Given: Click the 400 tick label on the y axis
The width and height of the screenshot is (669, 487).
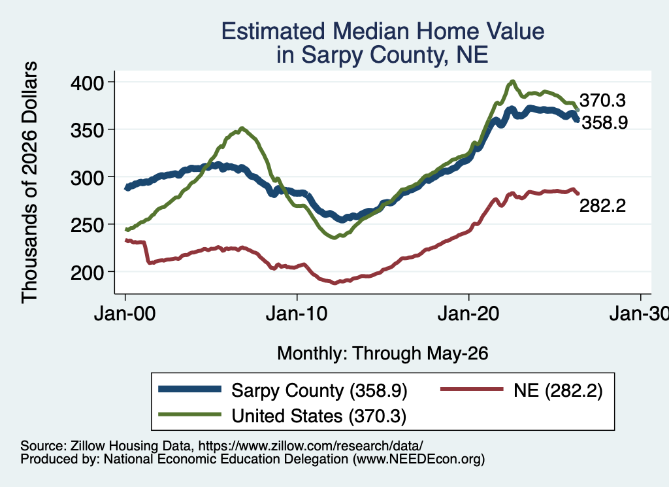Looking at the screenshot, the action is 87,83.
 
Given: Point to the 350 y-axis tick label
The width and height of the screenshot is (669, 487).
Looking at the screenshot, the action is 87,130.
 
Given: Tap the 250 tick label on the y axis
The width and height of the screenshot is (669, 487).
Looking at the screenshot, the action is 87,225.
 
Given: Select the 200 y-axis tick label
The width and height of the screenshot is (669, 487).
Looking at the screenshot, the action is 87,273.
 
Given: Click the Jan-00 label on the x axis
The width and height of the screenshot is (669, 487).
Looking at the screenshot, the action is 125,314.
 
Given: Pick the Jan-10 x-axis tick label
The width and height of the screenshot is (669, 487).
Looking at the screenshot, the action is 297,314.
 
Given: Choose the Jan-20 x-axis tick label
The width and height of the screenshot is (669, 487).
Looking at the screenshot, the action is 468,314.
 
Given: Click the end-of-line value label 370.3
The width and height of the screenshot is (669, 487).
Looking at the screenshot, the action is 602,100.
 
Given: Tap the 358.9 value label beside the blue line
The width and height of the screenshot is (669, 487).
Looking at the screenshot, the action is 605,123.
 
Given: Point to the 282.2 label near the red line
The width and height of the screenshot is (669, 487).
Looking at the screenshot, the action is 602,206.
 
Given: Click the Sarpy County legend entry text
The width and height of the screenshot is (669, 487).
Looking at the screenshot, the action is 319,390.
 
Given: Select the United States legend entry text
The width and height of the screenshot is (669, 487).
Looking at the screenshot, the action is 319,416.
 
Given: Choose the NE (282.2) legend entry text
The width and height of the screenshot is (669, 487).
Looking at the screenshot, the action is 558,390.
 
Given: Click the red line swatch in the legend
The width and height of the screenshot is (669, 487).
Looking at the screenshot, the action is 472,389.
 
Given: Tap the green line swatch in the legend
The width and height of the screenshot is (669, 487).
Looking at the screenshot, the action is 190,414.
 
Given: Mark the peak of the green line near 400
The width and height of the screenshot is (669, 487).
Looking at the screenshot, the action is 512,81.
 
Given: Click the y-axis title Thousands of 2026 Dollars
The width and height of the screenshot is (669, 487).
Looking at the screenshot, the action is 29,182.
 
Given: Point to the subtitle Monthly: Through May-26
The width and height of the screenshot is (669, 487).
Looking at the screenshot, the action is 383,354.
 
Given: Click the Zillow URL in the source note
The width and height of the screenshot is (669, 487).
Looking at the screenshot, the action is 310,446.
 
